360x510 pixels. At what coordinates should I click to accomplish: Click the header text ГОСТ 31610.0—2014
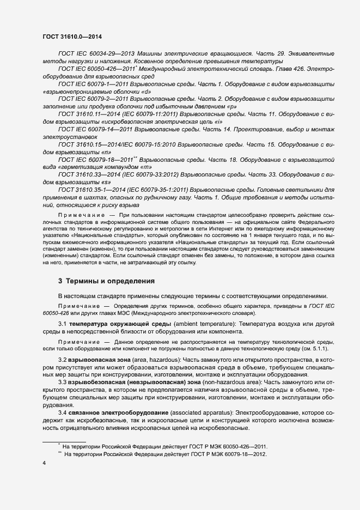click(x=72, y=36)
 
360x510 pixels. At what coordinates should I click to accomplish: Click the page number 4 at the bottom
click(x=44, y=463)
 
